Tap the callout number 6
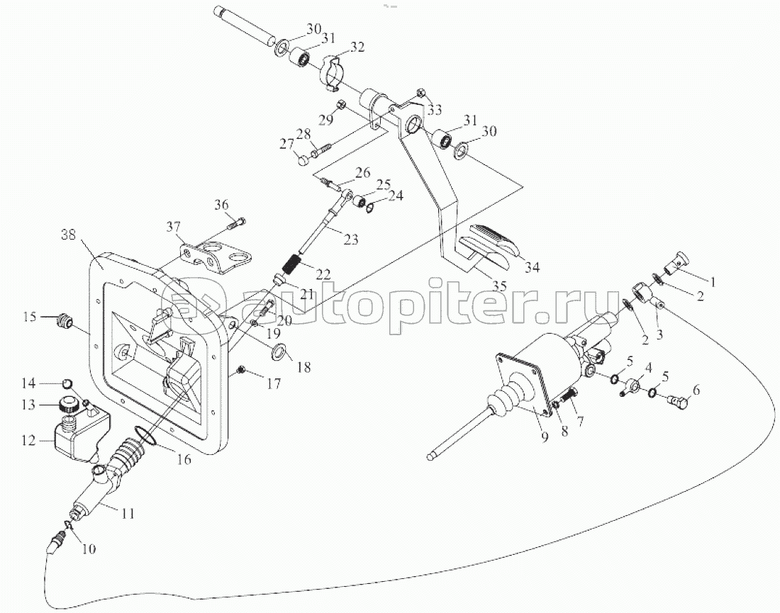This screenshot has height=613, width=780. coord(696,389)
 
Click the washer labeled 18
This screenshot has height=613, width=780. coord(279,349)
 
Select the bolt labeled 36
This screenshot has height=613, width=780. coord(237,225)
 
